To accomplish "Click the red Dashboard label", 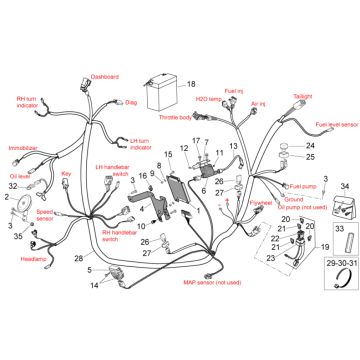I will pyautogui.click(x=104, y=76).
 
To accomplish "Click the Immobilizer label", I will pyautogui.click(x=23, y=148).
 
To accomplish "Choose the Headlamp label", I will pyautogui.click(x=34, y=258).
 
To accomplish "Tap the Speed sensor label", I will pyautogui.click(x=45, y=214).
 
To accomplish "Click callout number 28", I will pyautogui.click(x=79, y=258).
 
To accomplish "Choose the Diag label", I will pyautogui.click(x=131, y=101).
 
